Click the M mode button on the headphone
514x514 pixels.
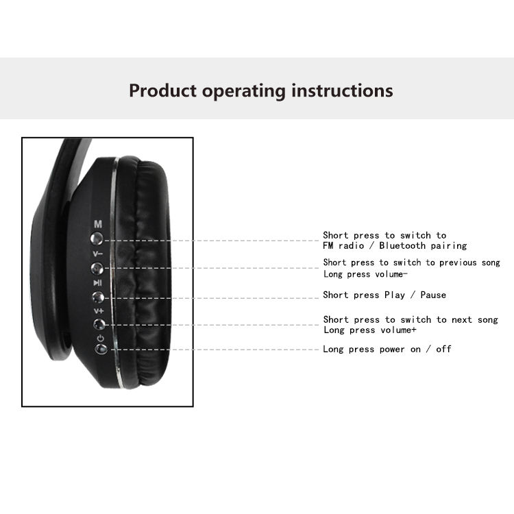(x=97, y=238)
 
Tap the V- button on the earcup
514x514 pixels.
(x=97, y=269)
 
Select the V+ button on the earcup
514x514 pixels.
(x=99, y=324)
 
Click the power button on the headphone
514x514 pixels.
(x=101, y=348)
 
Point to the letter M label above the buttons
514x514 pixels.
(x=98, y=224)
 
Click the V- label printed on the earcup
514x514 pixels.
(x=98, y=254)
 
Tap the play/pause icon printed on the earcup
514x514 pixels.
(x=98, y=282)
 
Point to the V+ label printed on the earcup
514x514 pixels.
(x=99, y=310)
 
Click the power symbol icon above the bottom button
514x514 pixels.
(x=100, y=338)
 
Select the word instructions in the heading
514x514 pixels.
(x=342, y=90)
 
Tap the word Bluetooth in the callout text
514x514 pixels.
(x=402, y=245)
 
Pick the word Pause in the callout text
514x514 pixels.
(x=433, y=295)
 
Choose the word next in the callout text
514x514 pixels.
(x=461, y=320)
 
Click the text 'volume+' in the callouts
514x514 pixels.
(x=398, y=330)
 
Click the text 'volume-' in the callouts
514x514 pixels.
(x=391, y=274)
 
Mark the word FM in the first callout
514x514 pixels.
(x=328, y=245)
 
